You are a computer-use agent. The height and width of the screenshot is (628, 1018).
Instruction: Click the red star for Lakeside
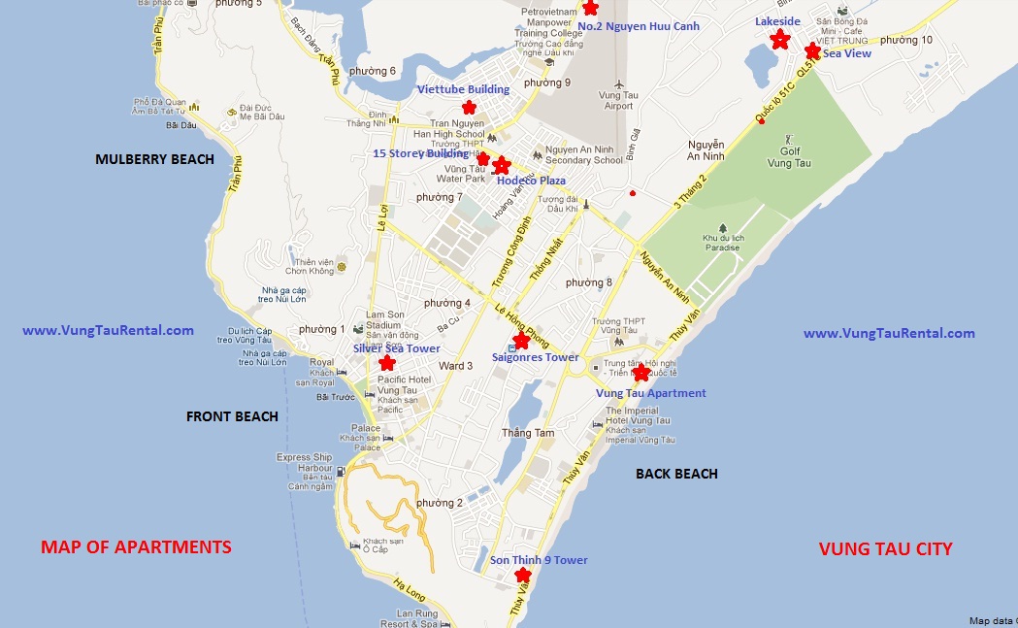779,40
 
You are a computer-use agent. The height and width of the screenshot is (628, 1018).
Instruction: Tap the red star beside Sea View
812,51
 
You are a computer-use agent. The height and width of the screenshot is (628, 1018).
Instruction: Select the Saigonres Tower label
535,357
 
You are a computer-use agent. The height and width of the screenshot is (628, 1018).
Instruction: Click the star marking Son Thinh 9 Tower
524,575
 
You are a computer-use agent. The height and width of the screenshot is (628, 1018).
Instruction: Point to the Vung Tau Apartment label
650,393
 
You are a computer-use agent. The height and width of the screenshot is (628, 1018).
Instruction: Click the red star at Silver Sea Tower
387,363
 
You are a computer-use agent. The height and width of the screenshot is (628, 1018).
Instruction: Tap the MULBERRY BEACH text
154,159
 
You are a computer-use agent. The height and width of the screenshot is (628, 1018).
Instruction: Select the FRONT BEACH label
232,416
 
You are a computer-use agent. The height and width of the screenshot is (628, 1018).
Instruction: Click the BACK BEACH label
676,474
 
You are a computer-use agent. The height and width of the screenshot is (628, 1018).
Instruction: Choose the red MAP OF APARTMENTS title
136,547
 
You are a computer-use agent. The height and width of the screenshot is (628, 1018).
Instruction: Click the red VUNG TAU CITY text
885,548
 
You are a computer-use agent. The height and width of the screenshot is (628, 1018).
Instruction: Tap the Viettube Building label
463,89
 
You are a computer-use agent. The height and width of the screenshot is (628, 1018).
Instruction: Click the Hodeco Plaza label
531,181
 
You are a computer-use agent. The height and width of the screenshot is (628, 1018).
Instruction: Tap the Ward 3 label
456,366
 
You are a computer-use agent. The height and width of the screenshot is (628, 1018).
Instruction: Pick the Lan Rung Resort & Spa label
417,618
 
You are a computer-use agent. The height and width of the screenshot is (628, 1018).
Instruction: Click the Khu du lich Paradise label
721,242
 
